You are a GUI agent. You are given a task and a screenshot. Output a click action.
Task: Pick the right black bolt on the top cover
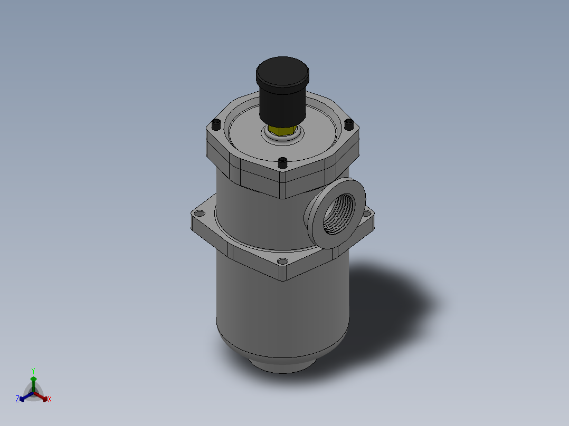pos(348,124)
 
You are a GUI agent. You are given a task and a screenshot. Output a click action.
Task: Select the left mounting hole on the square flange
pos(199,214)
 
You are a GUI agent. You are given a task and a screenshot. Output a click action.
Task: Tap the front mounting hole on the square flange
pos(282,262)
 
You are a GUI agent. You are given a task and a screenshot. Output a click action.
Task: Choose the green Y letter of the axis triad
pos(33,371)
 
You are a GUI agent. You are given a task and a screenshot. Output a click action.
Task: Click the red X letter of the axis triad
pos(50,400)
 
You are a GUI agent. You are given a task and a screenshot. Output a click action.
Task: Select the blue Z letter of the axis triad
pos(17,400)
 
